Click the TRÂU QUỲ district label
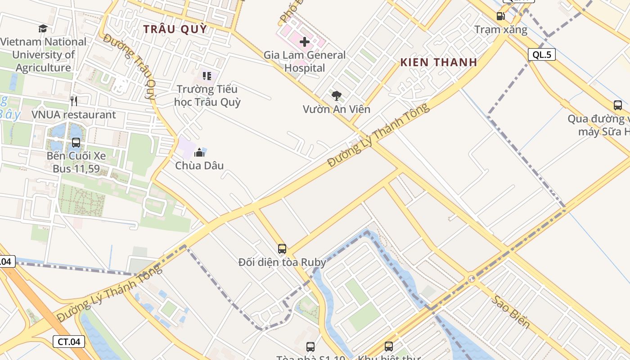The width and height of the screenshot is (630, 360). point(175,29)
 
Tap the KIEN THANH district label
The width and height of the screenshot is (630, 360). point(438,62)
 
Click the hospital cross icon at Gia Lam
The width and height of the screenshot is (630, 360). point(305,42)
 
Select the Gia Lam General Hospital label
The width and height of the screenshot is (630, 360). point(305,62)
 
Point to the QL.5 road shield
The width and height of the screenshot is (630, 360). point(541,55)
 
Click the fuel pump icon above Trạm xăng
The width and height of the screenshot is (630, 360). point(500,16)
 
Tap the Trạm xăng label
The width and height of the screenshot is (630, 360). point(500,30)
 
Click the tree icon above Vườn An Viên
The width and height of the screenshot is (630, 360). point(336,95)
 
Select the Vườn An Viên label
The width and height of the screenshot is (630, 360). point(336,109)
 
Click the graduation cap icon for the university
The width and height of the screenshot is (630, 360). point(43,29)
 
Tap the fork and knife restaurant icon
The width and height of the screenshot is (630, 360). point(74,101)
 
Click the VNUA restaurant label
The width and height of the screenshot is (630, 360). point(74,115)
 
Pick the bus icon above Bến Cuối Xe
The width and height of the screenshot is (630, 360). point(76,143)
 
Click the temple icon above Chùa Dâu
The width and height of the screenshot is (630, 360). point(199,152)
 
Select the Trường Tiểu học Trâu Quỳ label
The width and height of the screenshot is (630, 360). point(207,95)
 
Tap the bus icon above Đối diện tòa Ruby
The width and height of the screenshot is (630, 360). point(282,248)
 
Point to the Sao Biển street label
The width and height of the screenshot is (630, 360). point(510,312)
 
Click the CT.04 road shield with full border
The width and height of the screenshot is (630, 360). point(69,342)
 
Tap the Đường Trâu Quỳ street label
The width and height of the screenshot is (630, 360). point(130,66)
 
